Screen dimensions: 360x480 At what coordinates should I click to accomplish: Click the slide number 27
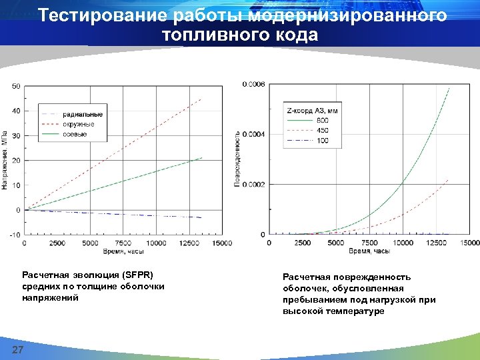pos(17,351)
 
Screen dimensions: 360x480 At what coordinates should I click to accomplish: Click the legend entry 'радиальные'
pos(82,114)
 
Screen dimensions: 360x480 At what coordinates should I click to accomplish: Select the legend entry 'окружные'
pos(79,125)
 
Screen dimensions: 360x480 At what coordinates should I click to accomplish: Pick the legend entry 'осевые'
pos(75,135)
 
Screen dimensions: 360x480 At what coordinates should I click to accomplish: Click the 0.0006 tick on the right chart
pos(253,84)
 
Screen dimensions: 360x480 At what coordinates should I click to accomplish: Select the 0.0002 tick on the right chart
pos(253,185)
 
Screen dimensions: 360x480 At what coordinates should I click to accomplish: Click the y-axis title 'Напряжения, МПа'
pos(5,159)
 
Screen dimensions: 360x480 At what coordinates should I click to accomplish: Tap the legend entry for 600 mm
pos(322,120)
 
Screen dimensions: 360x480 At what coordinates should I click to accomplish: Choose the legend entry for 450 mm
pos(322,131)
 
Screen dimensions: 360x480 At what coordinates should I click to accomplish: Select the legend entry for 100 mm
pos(322,141)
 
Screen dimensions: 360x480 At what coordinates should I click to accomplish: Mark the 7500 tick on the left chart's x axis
pos(123,243)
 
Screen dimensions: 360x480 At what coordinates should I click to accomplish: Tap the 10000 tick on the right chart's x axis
pos(402,243)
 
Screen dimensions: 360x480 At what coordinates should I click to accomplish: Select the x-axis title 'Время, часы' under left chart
pos(123,252)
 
